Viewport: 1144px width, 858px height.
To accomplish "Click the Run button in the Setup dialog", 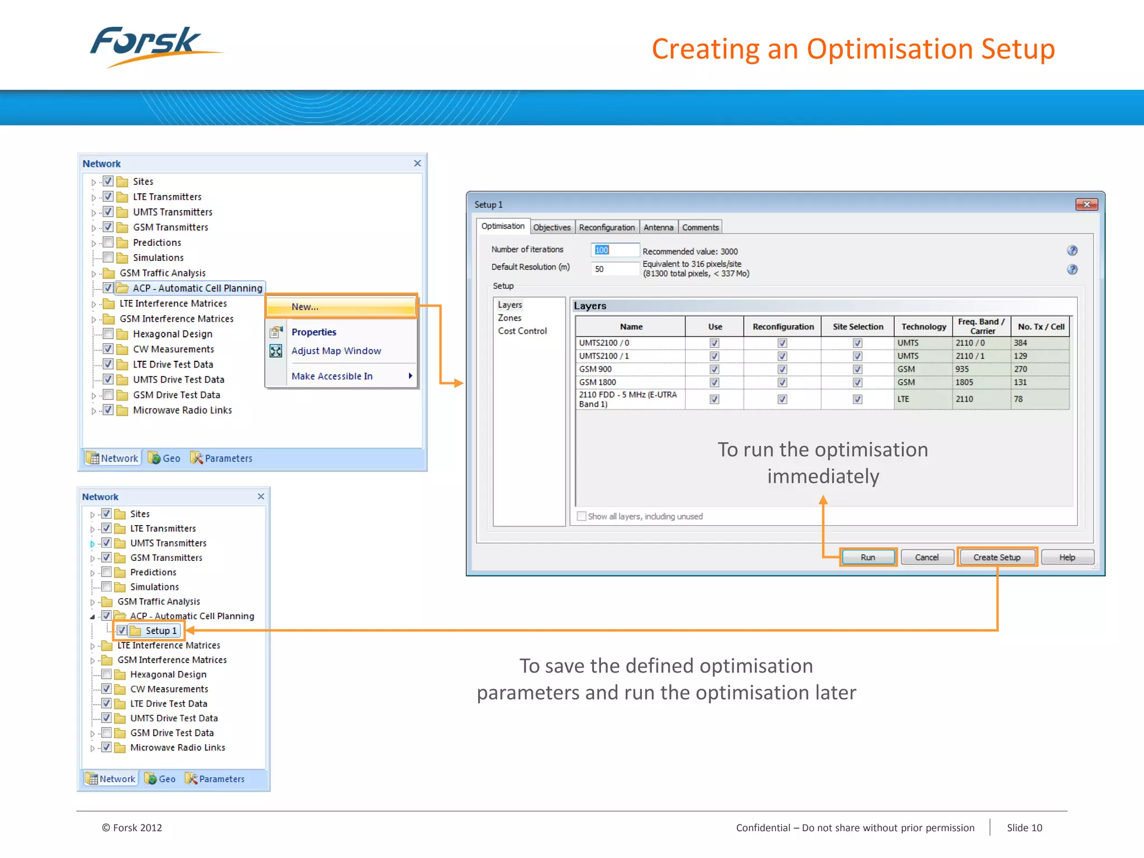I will pos(867,557).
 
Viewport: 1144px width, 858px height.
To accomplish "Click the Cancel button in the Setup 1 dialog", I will pos(927,557).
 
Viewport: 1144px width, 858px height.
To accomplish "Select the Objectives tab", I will pos(552,227).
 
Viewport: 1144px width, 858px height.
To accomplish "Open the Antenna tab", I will pos(658,227).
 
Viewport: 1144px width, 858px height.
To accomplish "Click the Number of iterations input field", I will pos(614,250).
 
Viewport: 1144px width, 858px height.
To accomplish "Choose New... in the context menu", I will pos(341,307).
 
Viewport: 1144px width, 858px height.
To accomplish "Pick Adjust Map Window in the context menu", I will pos(336,351).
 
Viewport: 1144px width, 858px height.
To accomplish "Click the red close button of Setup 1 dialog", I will pos(1086,204).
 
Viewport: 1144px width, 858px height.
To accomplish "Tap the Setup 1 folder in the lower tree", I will pos(160,631).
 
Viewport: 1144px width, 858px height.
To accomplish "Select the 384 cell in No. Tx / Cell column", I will pos(1021,343).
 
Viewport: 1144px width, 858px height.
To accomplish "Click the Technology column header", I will pos(923,327).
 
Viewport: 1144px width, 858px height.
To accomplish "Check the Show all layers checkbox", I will pos(581,516).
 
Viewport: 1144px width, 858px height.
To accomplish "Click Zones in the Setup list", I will pos(509,318).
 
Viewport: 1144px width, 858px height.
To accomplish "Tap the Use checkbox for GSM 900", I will pos(714,369).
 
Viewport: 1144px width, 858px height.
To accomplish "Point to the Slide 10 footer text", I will pos(1024,828).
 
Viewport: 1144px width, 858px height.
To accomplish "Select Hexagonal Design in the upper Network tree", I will pos(172,334).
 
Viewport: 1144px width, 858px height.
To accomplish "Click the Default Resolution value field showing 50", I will pos(614,269).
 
